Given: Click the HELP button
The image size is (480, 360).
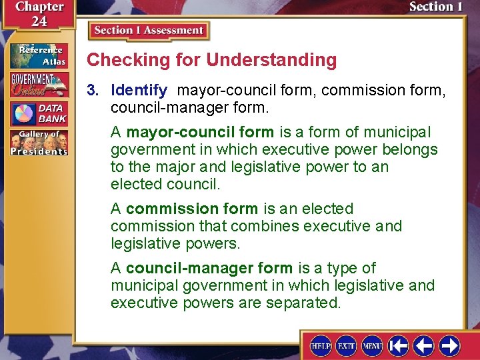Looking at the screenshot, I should click(321, 345).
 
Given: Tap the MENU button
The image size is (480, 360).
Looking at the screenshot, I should click(372, 345).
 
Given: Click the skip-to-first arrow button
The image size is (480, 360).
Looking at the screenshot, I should click(399, 345).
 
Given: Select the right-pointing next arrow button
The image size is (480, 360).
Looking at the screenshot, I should click(449, 345).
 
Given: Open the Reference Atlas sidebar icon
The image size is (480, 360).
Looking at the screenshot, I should click(38, 55).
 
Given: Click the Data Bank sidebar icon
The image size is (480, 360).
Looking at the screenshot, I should click(38, 113).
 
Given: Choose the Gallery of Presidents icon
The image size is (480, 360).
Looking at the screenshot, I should click(38, 142).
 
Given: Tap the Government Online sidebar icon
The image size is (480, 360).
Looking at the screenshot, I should click(38, 84).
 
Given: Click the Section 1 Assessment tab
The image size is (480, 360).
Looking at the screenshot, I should click(149, 31).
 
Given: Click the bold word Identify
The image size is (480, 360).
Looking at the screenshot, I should click(139, 89).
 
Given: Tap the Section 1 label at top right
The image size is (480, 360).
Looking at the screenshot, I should click(435, 7).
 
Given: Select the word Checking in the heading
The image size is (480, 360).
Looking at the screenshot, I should click(119, 60).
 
